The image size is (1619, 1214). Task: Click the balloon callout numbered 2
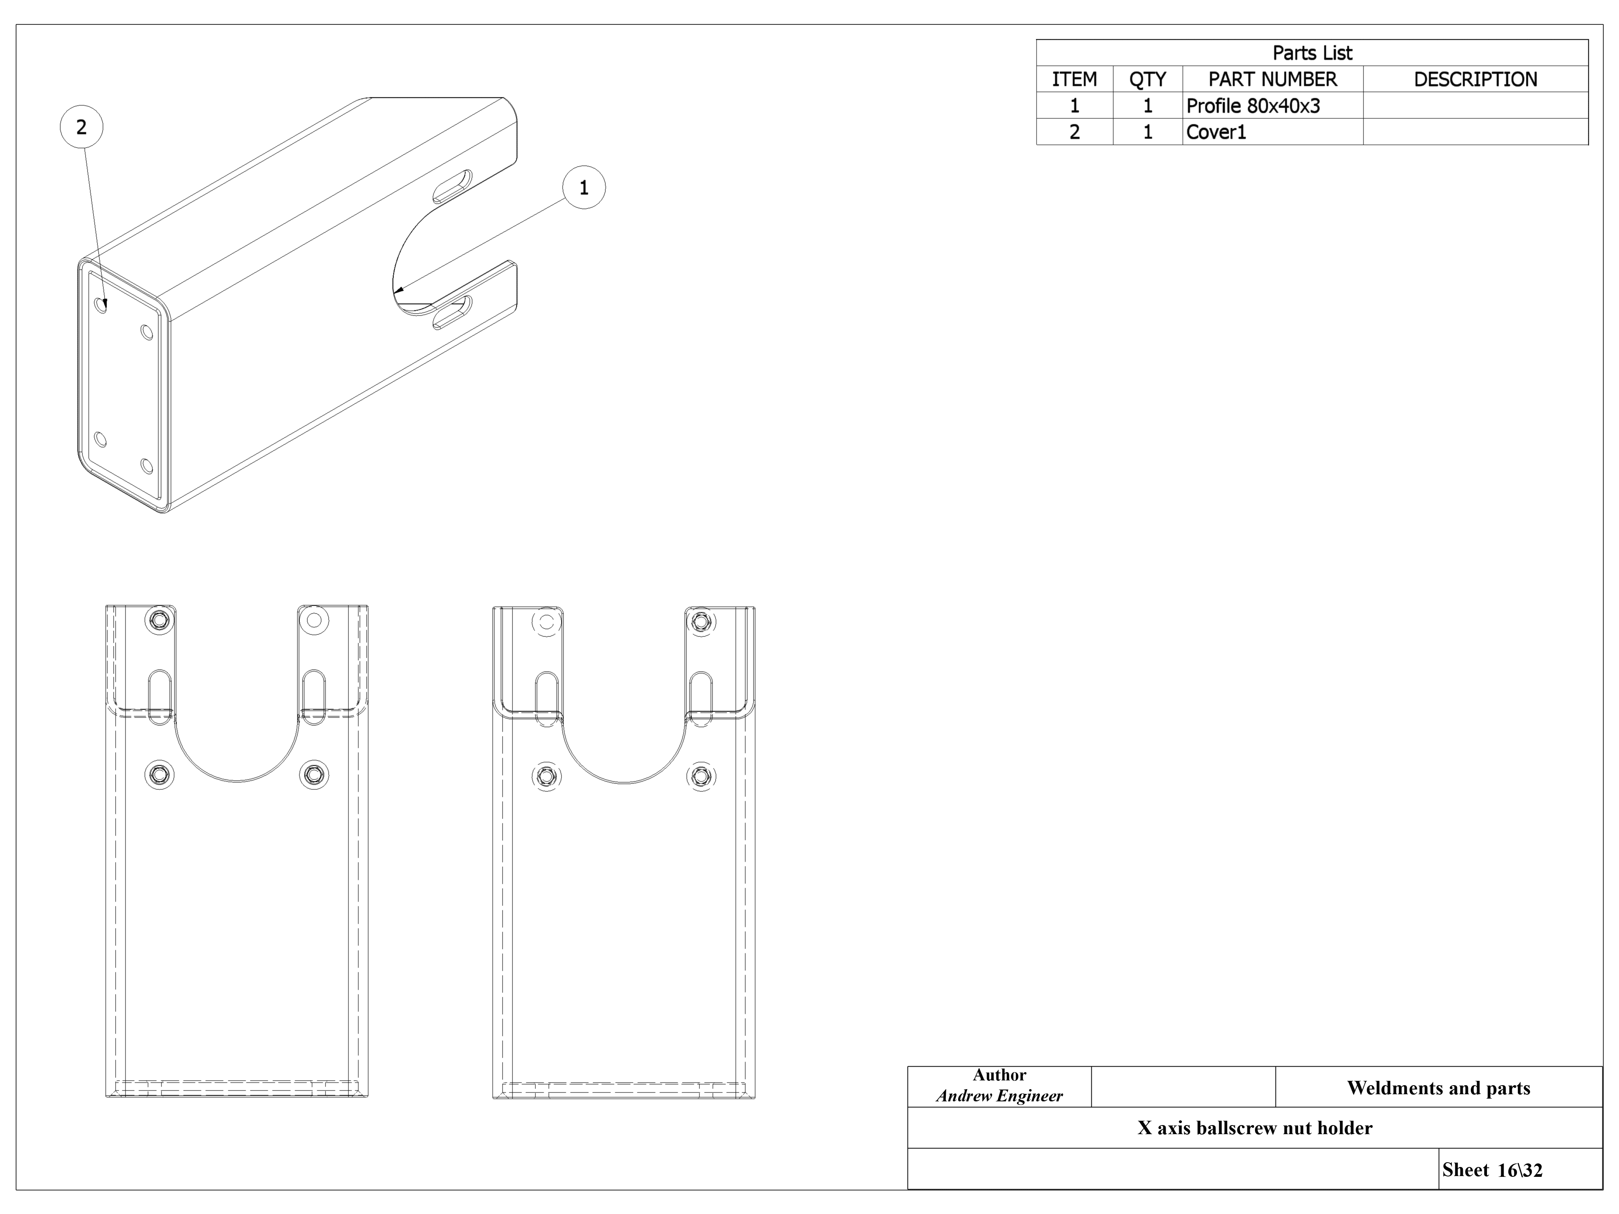[81, 127]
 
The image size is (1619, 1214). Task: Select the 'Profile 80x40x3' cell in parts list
[1253, 106]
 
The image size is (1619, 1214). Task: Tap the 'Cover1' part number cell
[1216, 132]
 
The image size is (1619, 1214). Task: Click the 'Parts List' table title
[1312, 53]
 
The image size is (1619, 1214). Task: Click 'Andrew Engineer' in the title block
[999, 1095]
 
